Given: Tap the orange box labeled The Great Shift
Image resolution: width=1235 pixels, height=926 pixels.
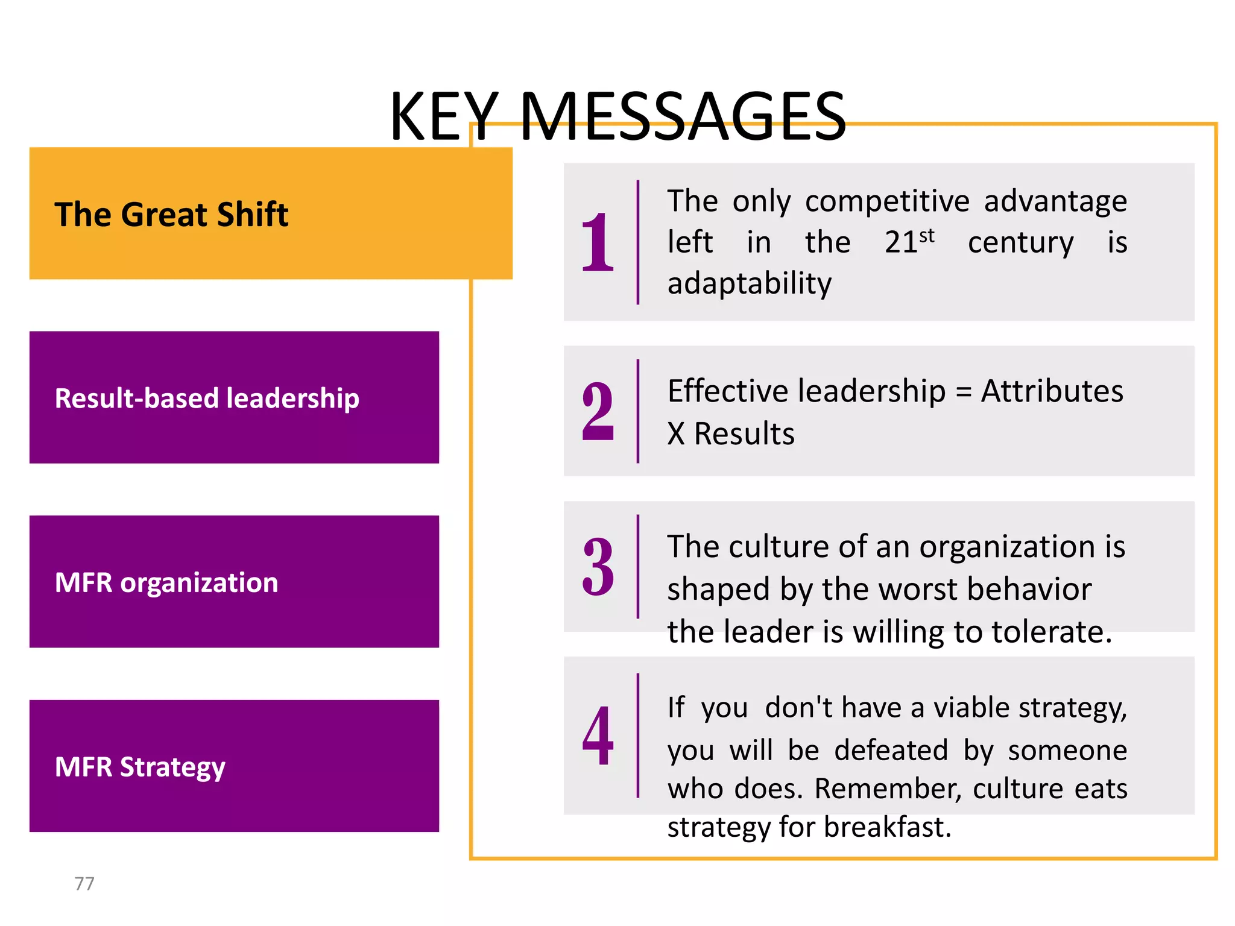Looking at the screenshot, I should coord(270,213).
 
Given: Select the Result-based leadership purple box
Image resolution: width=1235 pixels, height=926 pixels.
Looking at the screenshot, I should coord(234,397).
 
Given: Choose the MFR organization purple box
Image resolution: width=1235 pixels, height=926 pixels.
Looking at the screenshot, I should coord(234,582).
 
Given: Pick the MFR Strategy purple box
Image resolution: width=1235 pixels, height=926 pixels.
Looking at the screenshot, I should coord(234,766).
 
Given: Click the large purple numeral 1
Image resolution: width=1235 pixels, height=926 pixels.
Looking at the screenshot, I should coord(597,242).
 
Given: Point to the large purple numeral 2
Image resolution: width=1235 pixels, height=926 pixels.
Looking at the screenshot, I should coord(597,412).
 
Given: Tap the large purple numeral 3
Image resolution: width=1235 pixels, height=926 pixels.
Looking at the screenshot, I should coord(597,567).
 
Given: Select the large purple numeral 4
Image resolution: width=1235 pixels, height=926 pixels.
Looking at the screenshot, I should coord(597,735).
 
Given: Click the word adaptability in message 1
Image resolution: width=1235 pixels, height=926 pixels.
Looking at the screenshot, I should coord(749,283).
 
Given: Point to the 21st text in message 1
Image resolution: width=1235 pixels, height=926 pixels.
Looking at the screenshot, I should coord(909,242).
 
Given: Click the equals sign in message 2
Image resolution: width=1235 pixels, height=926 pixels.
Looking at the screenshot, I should coord(964,392).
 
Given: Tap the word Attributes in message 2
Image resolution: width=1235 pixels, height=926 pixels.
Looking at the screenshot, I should coord(1052,391).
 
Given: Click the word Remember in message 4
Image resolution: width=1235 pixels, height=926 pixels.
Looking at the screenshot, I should coord(888,789).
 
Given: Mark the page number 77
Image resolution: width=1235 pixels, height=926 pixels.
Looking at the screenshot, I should coord(84,884).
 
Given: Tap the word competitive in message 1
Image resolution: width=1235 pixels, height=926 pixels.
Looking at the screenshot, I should coord(887,201).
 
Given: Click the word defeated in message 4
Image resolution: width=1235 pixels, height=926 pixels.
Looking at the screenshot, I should coord(891,751).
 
